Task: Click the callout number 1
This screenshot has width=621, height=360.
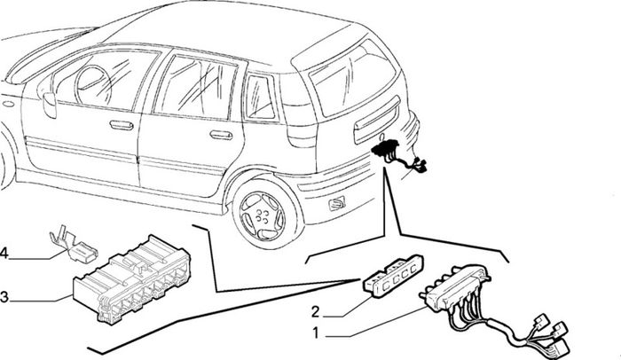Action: click(315, 333)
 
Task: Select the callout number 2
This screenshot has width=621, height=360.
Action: click(315, 312)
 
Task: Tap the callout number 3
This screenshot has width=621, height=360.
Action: click(4, 297)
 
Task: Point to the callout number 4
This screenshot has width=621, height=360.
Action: click(4, 253)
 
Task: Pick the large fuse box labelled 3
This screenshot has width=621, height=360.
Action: click(132, 280)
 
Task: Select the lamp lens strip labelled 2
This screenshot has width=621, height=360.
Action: click(393, 275)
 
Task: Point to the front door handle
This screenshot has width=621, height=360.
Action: click(122, 125)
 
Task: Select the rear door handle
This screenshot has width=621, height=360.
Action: click(221, 135)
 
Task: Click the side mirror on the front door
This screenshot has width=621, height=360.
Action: click(49, 104)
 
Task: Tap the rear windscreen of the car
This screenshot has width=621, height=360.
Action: click(352, 76)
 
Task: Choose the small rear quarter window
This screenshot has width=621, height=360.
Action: click(260, 97)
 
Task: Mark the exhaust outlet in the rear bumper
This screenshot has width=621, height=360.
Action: click(336, 204)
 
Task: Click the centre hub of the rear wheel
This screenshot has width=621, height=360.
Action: click(263, 215)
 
